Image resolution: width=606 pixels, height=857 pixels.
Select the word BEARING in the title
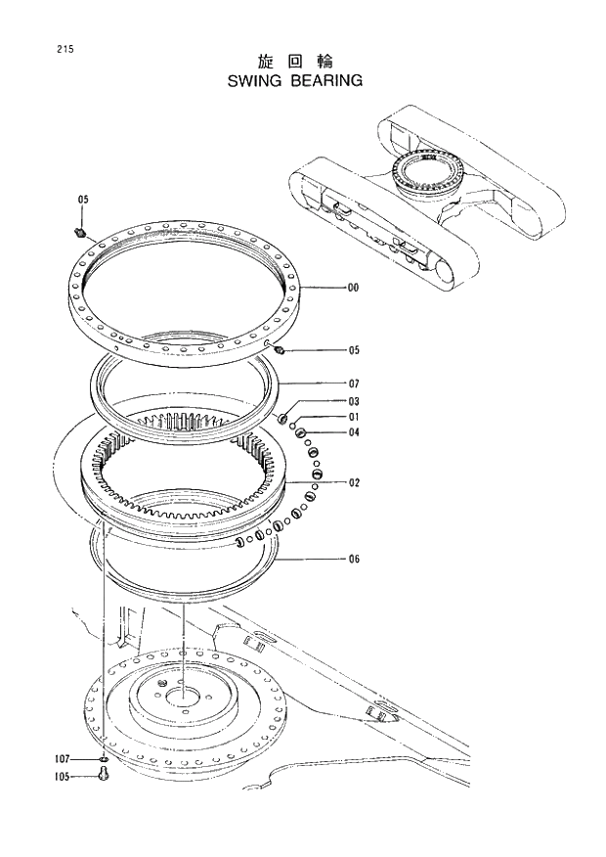[x=327, y=81]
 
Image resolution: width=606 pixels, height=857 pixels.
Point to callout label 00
[x=353, y=289]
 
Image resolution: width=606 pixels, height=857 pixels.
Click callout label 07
[x=354, y=383]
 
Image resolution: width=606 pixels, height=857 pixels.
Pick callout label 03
[x=354, y=401]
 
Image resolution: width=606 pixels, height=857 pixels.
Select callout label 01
[x=354, y=417]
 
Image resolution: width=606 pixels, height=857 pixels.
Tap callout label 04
[x=354, y=432]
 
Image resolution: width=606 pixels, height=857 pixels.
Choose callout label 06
[x=354, y=560]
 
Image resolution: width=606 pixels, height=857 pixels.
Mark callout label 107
[x=62, y=758]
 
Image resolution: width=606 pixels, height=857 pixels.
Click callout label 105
[x=62, y=778]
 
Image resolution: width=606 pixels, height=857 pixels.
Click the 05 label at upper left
[x=83, y=200]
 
